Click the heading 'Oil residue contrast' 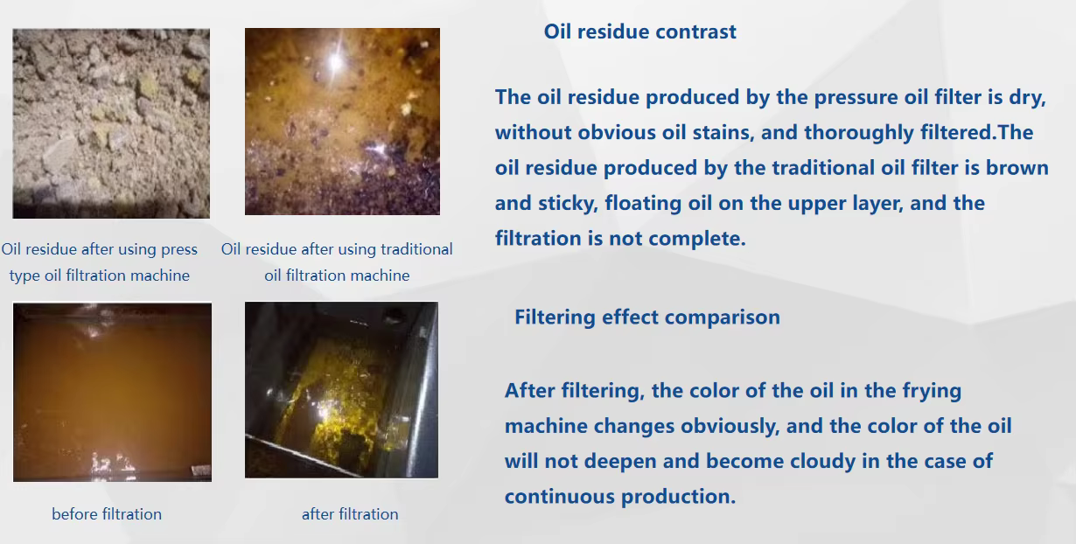pyautogui.click(x=639, y=31)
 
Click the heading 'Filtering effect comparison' pyautogui.click(x=647, y=317)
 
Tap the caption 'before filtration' pyautogui.click(x=107, y=514)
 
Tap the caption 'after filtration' pyautogui.click(x=350, y=514)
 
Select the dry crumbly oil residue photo pyautogui.click(x=111, y=123)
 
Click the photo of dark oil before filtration pyautogui.click(x=112, y=392)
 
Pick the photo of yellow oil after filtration pyautogui.click(x=341, y=390)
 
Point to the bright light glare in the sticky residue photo pyautogui.click(x=336, y=61)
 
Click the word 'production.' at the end pyautogui.click(x=678, y=497)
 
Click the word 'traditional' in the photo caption pyautogui.click(x=416, y=249)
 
